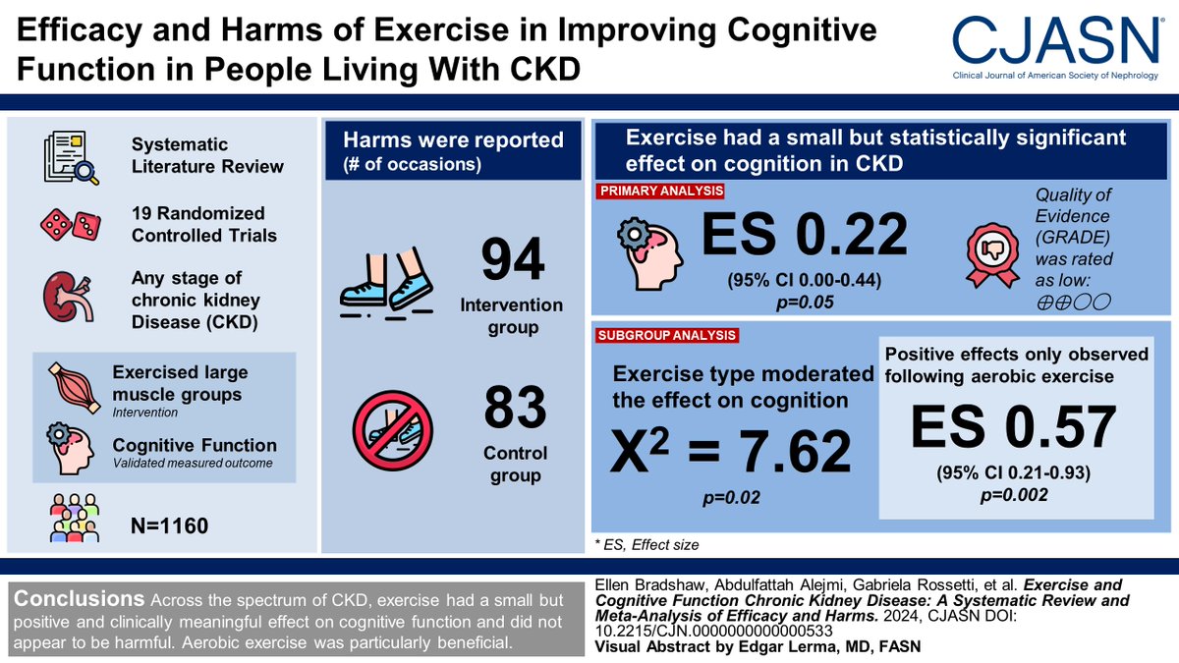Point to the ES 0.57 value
pyautogui.click(x=1014, y=427)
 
